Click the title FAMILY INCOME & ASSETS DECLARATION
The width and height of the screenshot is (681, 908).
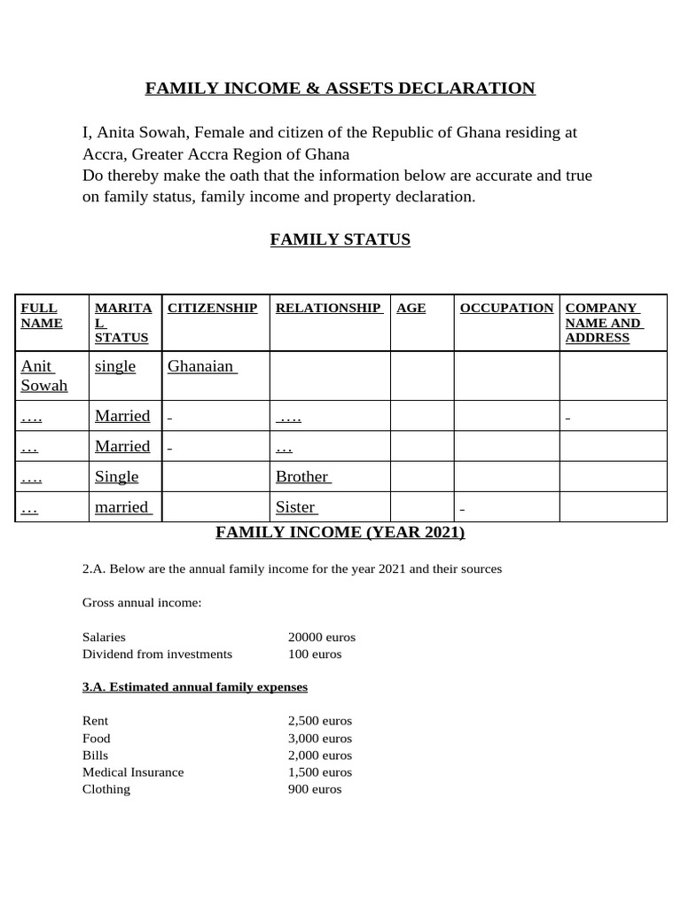[340, 88]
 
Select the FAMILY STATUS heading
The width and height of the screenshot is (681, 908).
[340, 239]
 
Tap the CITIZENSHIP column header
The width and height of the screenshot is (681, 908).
[213, 308]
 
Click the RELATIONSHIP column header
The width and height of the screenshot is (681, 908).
[328, 308]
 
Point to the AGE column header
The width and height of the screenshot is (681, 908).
[411, 308]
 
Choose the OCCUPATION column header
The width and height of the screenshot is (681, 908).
[506, 308]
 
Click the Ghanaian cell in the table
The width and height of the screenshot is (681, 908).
[202, 366]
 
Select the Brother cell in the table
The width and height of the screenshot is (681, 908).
[302, 476]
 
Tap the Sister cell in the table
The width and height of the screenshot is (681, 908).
[295, 507]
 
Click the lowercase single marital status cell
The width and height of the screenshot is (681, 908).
[115, 366]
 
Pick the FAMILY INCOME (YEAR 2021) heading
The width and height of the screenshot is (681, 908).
[340, 532]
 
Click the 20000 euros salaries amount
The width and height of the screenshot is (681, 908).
[322, 637]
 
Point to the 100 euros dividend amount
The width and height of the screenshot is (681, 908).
[315, 654]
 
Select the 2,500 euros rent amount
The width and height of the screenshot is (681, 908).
[320, 721]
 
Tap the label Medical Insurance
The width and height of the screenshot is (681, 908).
[133, 771]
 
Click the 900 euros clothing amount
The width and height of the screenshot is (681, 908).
[315, 788]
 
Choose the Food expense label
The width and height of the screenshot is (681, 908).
[97, 738]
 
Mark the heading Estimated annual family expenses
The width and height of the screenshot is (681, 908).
[195, 687]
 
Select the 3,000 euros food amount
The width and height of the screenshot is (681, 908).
[320, 738]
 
